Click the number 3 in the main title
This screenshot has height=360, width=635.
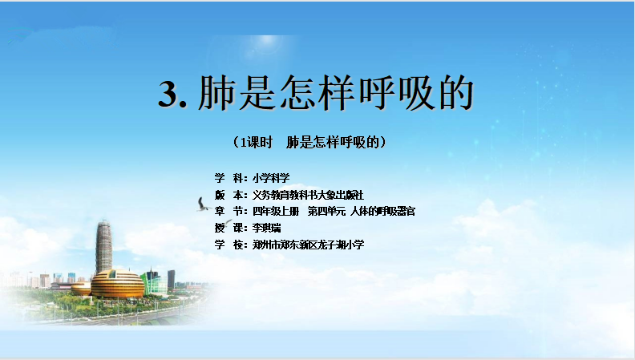168,95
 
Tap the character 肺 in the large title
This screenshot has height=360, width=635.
216,93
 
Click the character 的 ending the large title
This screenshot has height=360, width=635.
456,93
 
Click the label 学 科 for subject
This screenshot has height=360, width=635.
229,178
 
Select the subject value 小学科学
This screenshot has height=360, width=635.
271,178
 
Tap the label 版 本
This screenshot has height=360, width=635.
229,195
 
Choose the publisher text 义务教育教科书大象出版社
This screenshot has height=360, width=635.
308,195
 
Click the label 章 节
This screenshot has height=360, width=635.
229,211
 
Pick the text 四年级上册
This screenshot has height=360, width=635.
276,211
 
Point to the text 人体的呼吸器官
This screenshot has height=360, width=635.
382,211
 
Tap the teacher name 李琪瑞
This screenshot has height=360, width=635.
266,228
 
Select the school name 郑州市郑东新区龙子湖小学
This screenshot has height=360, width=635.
308,245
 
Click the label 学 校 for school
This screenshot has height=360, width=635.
229,245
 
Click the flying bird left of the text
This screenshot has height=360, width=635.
204,204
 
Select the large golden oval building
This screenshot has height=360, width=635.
117,284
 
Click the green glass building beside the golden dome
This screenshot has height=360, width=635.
155,282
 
